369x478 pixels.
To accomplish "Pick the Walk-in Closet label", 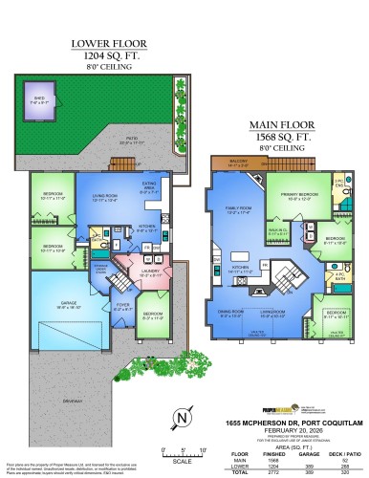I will coord(279,228).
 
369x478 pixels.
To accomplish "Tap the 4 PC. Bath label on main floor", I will coord(337,277).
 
